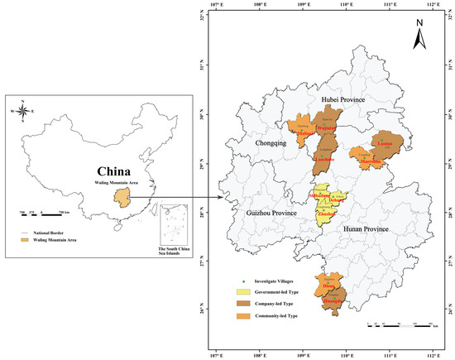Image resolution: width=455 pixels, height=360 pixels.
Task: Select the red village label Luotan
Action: (383, 143)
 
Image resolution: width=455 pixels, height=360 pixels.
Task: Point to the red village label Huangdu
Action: (330, 301)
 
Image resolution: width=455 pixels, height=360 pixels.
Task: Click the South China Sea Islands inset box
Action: (178, 228)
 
